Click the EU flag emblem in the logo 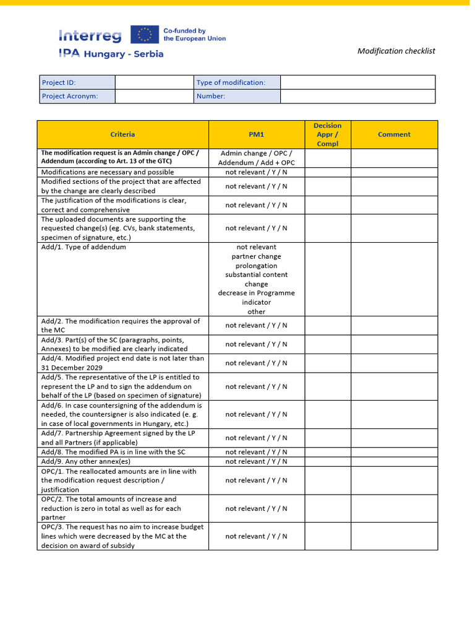[145, 35]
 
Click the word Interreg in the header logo [92, 36]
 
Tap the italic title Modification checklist [396, 51]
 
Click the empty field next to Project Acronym [154, 97]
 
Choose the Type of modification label [231, 82]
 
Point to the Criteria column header [122, 134]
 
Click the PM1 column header [256, 134]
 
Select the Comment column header [394, 134]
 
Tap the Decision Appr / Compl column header [327, 134]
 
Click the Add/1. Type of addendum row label [83, 247]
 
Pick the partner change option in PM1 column [256, 256]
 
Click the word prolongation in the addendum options [256, 266]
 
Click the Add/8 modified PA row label [113, 452]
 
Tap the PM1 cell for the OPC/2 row [256, 508]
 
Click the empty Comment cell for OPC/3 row [394, 536]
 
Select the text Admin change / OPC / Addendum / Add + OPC [256, 158]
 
